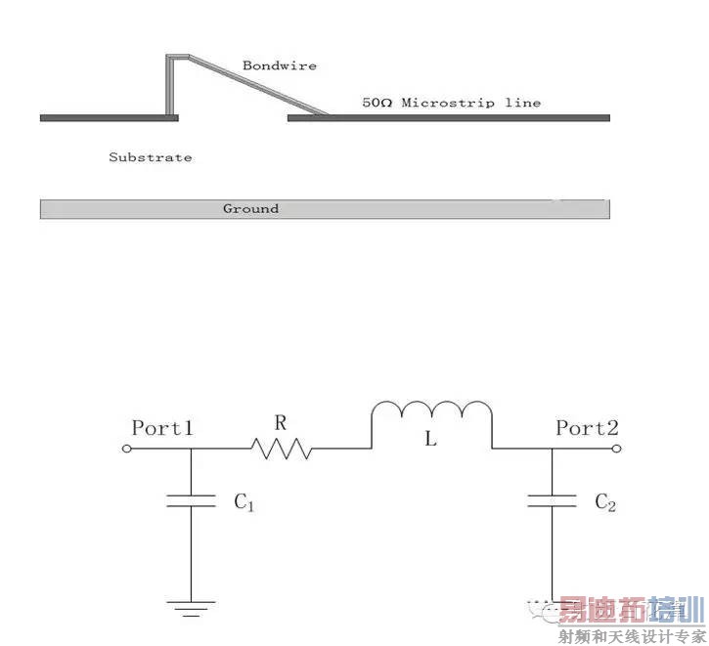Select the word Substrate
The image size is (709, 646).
point(150,156)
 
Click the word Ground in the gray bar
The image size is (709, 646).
point(250,208)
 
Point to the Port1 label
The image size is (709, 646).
point(162,427)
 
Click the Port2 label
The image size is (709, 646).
point(587,427)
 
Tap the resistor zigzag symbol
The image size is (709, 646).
point(281,449)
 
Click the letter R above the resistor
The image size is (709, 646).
point(281,422)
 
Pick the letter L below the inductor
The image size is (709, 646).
point(429,441)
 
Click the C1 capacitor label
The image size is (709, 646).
point(244,503)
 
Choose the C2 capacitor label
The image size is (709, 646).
point(605,502)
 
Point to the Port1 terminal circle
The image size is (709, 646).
point(127,449)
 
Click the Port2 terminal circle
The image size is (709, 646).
point(617,449)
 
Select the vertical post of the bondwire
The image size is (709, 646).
point(170,85)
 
